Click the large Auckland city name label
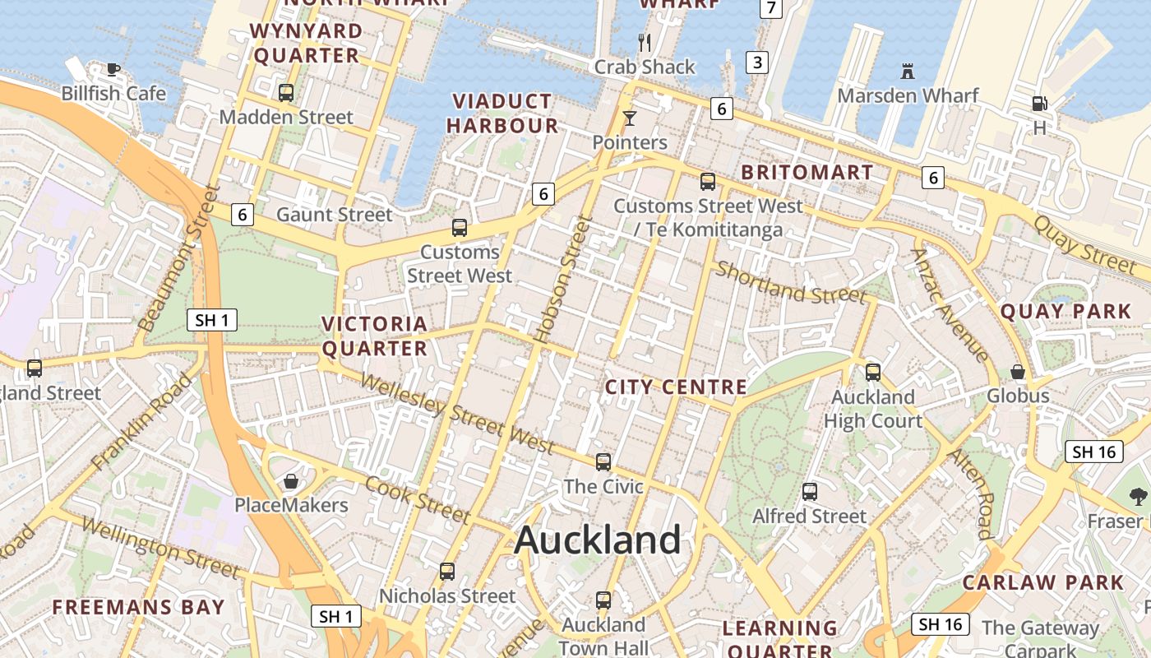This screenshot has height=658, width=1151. point(598,540)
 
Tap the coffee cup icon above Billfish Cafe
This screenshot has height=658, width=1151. point(113,69)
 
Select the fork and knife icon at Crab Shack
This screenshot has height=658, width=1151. point(645,42)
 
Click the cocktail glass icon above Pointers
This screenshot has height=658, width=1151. point(630,118)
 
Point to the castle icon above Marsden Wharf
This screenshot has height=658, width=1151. point(908,72)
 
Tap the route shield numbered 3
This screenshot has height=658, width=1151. point(756,62)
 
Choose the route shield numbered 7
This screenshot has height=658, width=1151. point(770,8)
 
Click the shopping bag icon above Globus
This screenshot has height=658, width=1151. point(1018,372)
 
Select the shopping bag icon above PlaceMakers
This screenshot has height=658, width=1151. point(290,480)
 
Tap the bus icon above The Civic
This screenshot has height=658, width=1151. point(603,462)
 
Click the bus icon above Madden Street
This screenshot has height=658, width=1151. point(286,92)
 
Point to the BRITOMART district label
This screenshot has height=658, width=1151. point(807,172)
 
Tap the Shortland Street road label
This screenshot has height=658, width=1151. point(790,282)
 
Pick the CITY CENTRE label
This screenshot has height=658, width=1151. point(676,387)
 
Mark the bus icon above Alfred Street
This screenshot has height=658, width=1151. point(810,492)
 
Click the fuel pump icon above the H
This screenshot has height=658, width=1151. point(1039,104)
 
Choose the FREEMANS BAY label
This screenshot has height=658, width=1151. point(138,607)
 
